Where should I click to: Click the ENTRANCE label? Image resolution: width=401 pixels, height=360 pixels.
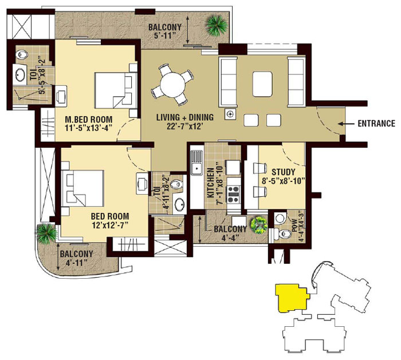point(376,124)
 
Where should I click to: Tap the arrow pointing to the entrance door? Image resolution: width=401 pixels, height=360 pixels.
point(346,124)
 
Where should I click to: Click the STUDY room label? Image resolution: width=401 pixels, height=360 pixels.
point(284,172)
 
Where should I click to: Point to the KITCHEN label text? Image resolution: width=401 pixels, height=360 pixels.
point(210,183)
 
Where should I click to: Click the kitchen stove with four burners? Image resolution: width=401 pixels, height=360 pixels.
point(233,194)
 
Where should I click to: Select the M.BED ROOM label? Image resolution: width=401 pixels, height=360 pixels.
point(89,119)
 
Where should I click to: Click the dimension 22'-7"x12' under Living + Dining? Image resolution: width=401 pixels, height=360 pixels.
point(185,126)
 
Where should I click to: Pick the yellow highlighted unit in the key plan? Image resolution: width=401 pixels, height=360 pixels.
point(292,298)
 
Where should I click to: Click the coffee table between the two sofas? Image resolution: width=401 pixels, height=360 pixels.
point(262,84)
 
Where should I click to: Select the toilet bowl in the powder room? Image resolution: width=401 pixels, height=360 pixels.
point(284,234)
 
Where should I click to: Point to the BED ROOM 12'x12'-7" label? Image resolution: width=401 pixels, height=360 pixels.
point(110,220)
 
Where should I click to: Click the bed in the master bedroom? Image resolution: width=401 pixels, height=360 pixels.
point(116,90)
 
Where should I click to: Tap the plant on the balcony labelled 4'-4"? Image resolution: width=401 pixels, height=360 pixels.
point(259,225)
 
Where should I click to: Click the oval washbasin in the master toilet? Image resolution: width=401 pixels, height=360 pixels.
point(20,74)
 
